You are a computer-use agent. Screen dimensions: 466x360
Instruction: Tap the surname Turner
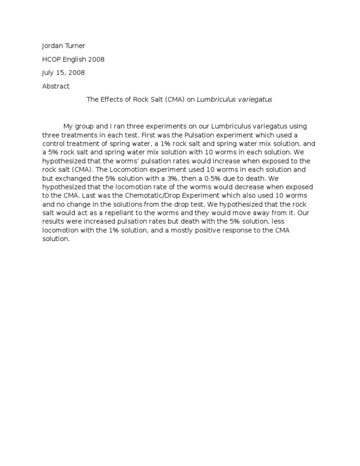pyautogui.click(x=75, y=46)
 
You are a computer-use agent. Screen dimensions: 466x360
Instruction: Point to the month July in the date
pyautogui.click(x=48, y=73)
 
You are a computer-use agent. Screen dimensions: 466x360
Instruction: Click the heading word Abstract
pyautogui.click(x=56, y=86)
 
